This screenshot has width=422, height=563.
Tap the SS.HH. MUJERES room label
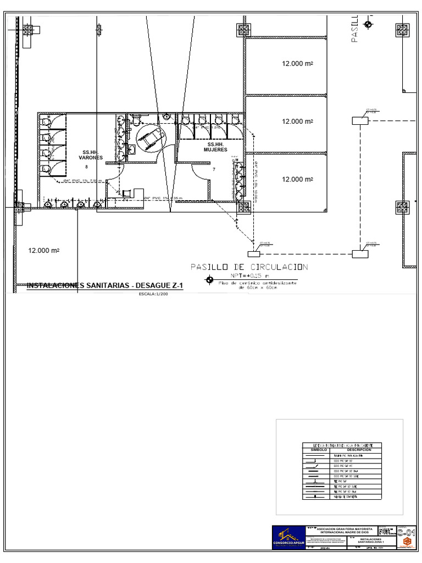pyautogui.click(x=215, y=147)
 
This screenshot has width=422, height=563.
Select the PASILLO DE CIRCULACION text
pyautogui.click(x=249, y=267)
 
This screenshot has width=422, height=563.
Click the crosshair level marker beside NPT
pyautogui.click(x=209, y=280)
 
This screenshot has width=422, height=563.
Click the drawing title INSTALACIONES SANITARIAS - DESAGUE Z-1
pyautogui.click(x=104, y=285)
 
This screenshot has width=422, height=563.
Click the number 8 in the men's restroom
pyautogui.click(x=86, y=167)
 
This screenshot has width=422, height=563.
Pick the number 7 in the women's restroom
pyautogui.click(x=214, y=170)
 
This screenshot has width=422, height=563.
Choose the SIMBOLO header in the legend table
pyautogui.click(x=319, y=450)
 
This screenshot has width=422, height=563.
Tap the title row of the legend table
pyautogui.click(x=341, y=445)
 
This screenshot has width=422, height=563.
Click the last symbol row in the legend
pyautogui.click(x=319, y=496)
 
